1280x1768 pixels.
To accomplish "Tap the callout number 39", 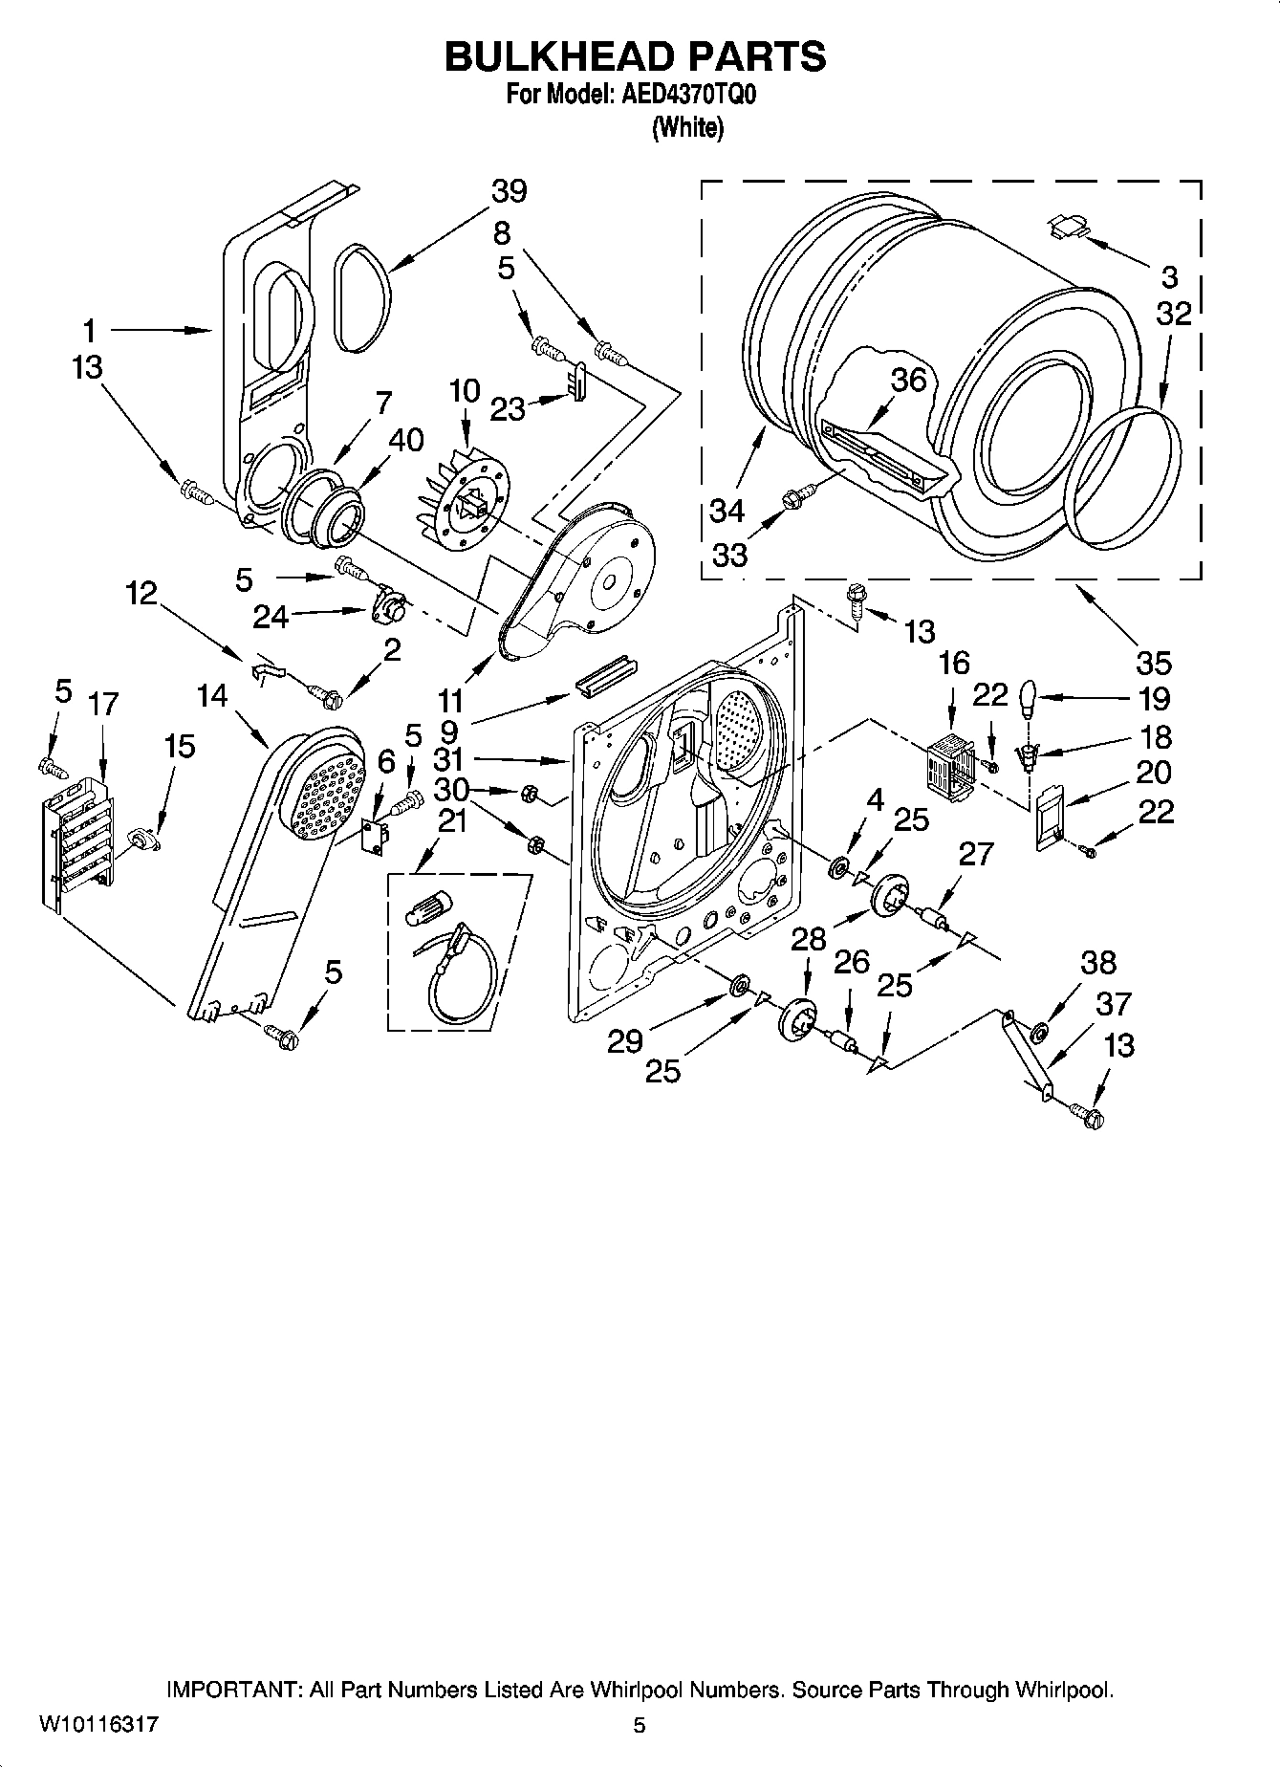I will pyautogui.click(x=509, y=191).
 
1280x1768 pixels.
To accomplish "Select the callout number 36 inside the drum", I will pyautogui.click(x=908, y=380).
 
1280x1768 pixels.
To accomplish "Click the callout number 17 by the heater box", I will pyautogui.click(x=102, y=705).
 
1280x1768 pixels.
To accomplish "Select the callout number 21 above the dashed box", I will pyautogui.click(x=451, y=819).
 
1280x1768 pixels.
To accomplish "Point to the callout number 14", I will pyautogui.click(x=212, y=695).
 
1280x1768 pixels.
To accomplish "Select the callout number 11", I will pyautogui.click(x=450, y=697).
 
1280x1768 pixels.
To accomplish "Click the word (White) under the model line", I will pyautogui.click(x=686, y=128).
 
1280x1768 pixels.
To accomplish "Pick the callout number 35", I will pyautogui.click(x=1154, y=662).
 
